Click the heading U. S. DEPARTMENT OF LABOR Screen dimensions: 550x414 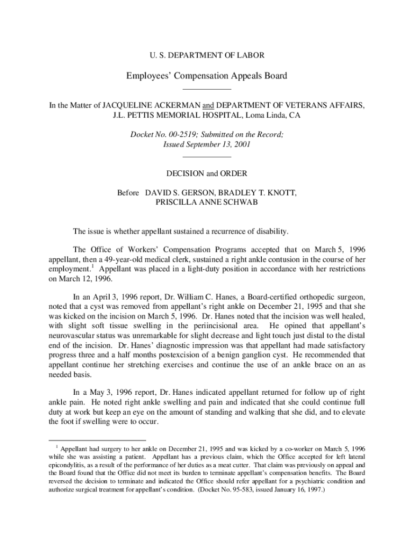[x=206, y=55]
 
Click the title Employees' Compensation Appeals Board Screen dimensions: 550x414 [x=206, y=76]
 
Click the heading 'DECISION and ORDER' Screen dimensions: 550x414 [x=206, y=173]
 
